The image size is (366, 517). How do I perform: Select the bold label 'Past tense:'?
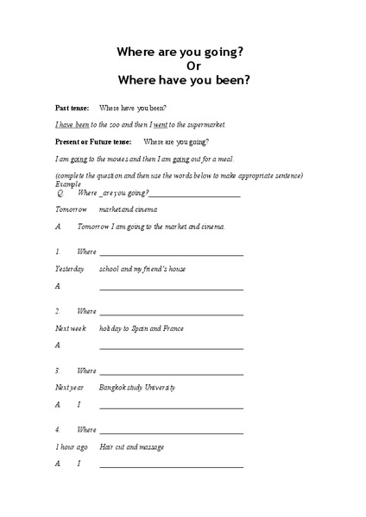point(71,108)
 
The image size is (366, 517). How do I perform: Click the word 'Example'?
point(67,184)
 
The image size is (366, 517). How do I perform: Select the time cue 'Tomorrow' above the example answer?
point(72,209)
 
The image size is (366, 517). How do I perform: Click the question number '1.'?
point(58,252)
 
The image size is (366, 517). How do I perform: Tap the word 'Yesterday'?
point(70,269)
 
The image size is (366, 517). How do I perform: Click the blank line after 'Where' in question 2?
point(170,312)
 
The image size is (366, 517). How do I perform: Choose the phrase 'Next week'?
point(71,328)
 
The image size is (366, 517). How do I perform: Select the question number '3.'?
point(58,371)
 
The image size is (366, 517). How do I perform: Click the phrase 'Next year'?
point(70,387)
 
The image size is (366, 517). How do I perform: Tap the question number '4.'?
point(58,429)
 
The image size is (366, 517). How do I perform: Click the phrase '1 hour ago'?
point(72,446)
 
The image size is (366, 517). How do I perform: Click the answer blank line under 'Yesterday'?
point(170,288)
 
